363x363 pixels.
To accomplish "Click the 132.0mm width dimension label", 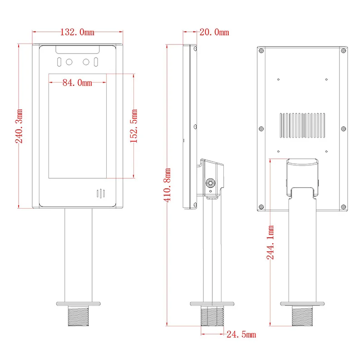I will point(77,32).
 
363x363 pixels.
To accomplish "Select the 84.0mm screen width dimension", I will point(77,82).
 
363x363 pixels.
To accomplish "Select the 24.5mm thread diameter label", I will point(241,335).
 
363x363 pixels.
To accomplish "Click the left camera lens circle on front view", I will point(69,62).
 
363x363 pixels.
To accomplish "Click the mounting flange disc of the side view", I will point(212,303).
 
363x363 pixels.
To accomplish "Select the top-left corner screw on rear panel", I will point(261,51).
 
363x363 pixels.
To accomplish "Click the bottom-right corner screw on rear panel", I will point(343,207).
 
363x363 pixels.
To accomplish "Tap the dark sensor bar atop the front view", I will point(77,49).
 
